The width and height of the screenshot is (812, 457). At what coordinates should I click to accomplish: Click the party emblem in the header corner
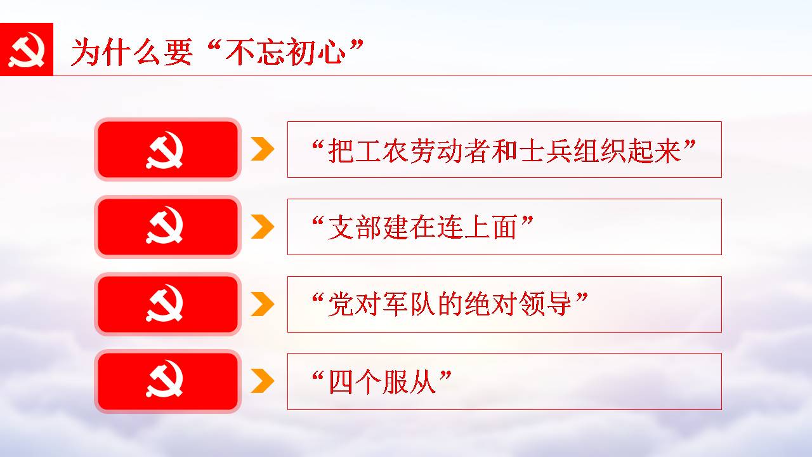click(27, 50)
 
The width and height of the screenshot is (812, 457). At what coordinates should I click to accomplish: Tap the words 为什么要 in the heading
click(131, 53)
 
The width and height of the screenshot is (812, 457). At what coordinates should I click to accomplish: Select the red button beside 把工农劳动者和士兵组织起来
click(167, 149)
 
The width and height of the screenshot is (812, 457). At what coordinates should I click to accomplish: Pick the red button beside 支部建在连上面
click(167, 227)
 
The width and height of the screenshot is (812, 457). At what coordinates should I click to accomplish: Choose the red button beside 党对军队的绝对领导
click(167, 304)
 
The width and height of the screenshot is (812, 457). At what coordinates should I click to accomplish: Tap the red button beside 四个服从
click(167, 381)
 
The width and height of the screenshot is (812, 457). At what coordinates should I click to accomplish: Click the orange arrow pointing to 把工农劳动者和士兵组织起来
click(263, 149)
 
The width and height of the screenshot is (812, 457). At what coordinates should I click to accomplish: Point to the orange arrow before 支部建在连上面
click(263, 227)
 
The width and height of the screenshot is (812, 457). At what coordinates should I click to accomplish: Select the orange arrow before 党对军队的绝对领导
click(263, 304)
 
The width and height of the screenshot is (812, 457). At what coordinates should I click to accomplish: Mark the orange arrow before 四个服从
click(263, 381)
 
